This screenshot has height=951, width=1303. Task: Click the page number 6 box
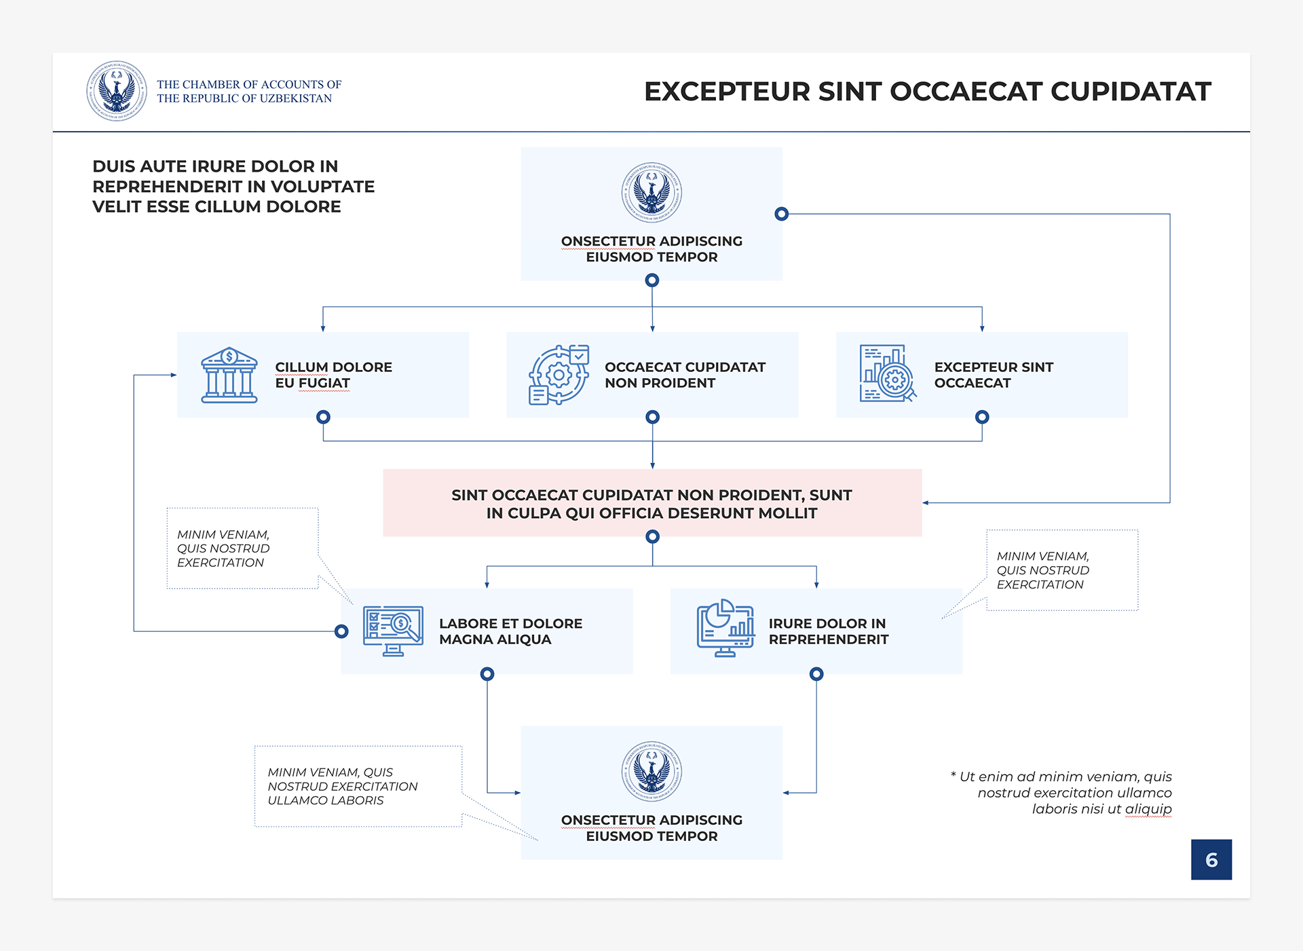tap(1211, 859)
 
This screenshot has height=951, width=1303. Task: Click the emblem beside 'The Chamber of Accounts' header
tap(117, 91)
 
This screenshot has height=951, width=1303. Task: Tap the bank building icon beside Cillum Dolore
tap(229, 375)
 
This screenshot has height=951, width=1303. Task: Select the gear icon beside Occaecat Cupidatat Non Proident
tap(559, 375)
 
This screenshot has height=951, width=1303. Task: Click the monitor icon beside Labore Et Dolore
tap(393, 631)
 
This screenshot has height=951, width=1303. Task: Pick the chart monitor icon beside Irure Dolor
tap(725, 628)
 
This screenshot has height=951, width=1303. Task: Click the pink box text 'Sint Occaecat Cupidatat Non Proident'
tap(651, 504)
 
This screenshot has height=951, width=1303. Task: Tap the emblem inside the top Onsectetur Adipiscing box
tap(651, 193)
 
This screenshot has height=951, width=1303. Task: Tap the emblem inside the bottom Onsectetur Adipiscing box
tap(651, 772)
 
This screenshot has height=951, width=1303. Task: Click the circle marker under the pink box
tap(652, 537)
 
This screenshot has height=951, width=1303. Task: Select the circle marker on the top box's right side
tap(782, 214)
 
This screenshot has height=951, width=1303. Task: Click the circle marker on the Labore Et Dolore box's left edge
tap(341, 631)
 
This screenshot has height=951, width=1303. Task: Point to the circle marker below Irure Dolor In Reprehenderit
tap(816, 674)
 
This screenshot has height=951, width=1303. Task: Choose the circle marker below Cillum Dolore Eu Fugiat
tap(323, 417)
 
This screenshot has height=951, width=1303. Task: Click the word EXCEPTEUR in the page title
tap(727, 92)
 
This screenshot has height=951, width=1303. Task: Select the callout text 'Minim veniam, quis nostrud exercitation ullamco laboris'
tap(342, 786)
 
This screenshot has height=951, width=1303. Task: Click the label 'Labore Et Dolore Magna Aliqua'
tap(510, 631)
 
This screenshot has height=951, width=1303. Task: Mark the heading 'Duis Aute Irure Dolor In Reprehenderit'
tap(233, 186)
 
